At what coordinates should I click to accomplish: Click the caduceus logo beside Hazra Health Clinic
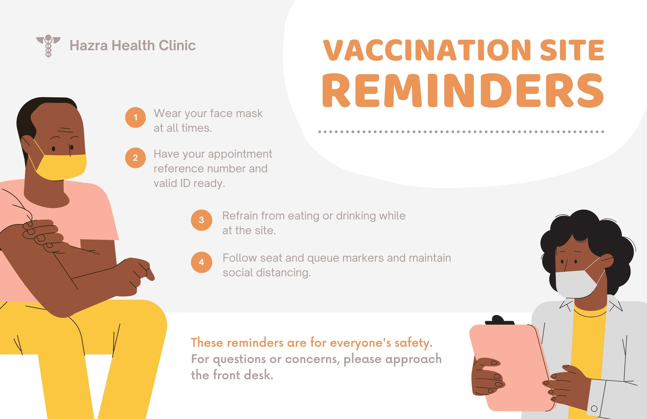[x=48, y=46]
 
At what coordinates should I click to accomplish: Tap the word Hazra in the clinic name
[x=89, y=45]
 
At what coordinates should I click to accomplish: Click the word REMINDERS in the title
[x=463, y=90]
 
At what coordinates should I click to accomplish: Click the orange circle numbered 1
[x=135, y=117]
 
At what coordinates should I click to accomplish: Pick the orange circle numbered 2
[x=135, y=158]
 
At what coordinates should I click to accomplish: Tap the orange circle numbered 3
[x=202, y=220]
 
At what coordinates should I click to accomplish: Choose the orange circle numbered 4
[x=202, y=262]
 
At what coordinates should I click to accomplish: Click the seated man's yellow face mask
[x=61, y=167]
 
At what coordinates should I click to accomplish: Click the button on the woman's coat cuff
[x=594, y=408]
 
